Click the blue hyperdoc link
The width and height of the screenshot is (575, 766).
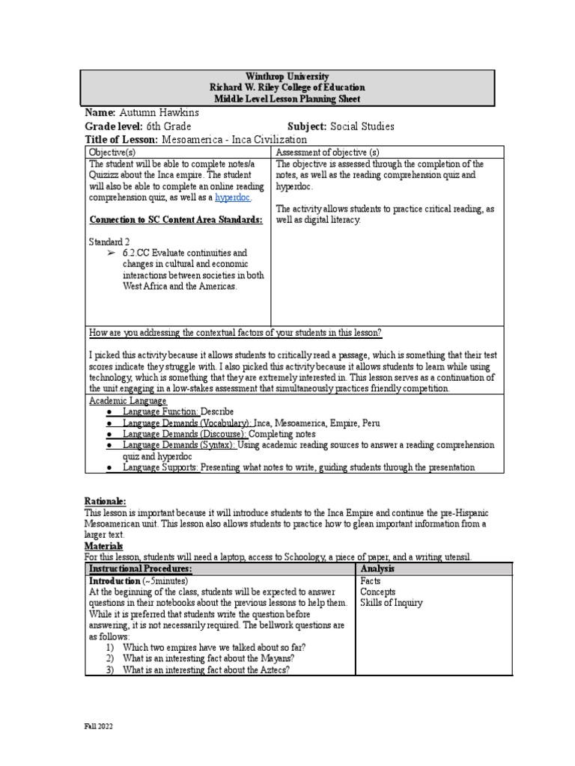click(233, 197)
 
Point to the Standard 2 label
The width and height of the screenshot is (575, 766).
click(110, 242)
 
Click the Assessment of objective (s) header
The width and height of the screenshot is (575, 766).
click(327, 152)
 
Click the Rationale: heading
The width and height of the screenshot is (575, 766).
click(105, 501)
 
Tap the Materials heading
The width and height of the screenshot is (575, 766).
click(105, 547)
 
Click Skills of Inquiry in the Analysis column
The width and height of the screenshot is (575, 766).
click(391, 603)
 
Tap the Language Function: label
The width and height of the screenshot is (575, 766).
click(161, 411)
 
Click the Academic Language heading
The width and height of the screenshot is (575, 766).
click(127, 401)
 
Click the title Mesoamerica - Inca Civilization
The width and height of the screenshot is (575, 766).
click(234, 139)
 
